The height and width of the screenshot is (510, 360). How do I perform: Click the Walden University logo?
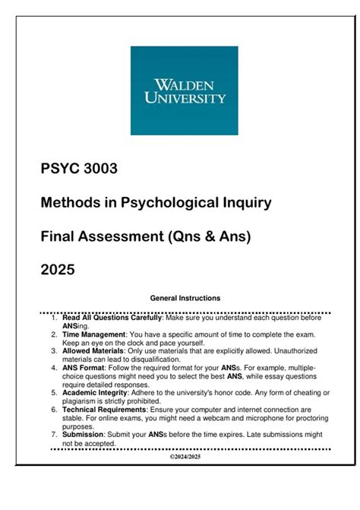click(178, 90)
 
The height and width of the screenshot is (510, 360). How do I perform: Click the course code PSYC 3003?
click(78, 169)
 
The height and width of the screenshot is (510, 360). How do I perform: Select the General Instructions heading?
click(185, 298)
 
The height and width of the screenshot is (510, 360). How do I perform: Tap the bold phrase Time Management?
click(93, 334)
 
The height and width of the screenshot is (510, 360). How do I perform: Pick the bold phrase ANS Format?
click(85, 368)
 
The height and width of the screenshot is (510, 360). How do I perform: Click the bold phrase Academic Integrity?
click(97, 392)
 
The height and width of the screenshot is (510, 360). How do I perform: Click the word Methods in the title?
click(69, 203)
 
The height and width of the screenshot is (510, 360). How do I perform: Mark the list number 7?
click(54, 434)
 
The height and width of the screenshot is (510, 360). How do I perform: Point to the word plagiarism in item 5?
click(83, 401)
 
